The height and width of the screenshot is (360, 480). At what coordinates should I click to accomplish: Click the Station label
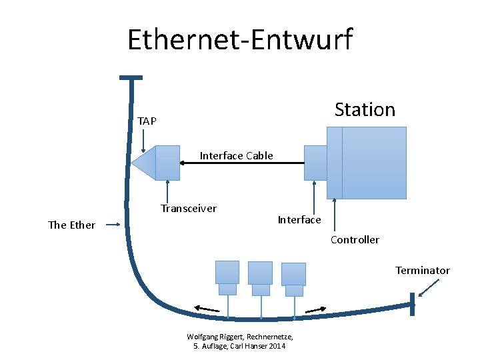365,109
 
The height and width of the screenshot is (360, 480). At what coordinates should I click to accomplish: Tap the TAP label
147,121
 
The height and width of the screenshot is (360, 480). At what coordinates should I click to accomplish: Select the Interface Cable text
236,155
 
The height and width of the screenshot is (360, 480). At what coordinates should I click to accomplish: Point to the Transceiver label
188,208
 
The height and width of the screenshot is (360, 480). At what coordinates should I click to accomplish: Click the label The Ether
71,225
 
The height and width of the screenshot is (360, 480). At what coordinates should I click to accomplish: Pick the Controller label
355,239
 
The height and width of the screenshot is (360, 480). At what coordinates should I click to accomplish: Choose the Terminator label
422,270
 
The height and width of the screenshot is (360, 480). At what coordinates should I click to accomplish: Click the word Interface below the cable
299,219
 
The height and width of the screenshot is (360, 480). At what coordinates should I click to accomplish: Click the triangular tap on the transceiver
143,163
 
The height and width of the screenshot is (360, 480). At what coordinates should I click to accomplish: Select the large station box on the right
373,163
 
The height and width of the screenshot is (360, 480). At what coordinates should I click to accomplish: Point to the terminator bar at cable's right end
413,305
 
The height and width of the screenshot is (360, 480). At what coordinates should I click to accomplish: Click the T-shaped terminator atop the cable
131,79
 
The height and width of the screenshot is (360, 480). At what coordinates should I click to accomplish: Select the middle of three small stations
260,277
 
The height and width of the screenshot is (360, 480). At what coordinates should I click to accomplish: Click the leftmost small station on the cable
227,277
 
